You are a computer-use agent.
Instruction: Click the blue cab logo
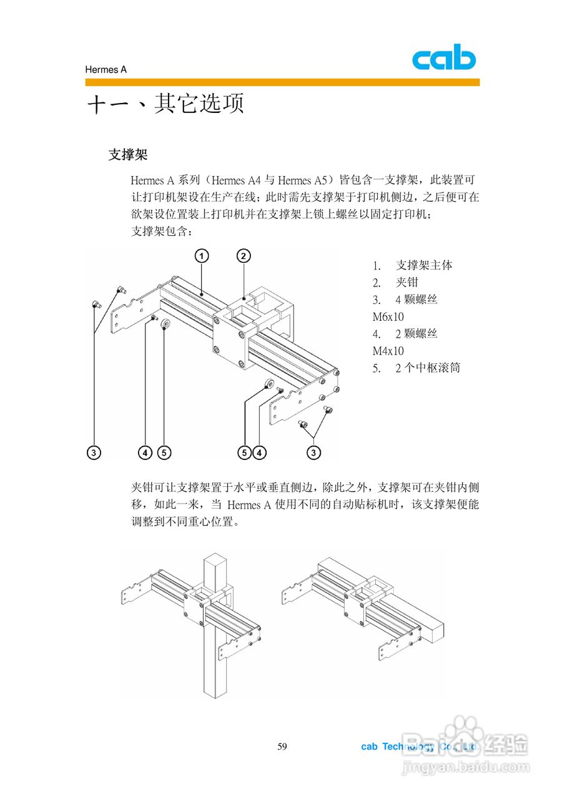(443, 59)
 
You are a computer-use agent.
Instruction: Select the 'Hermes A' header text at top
(106, 70)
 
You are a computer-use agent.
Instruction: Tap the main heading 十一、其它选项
(165, 104)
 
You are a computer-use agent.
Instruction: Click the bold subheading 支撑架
(127, 154)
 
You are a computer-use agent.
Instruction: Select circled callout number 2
(243, 256)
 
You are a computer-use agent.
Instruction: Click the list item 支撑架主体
(424, 265)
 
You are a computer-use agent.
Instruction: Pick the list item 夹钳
(407, 282)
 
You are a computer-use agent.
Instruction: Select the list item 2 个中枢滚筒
(427, 368)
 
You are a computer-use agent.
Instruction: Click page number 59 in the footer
(282, 747)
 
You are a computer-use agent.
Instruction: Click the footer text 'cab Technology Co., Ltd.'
(420, 747)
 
